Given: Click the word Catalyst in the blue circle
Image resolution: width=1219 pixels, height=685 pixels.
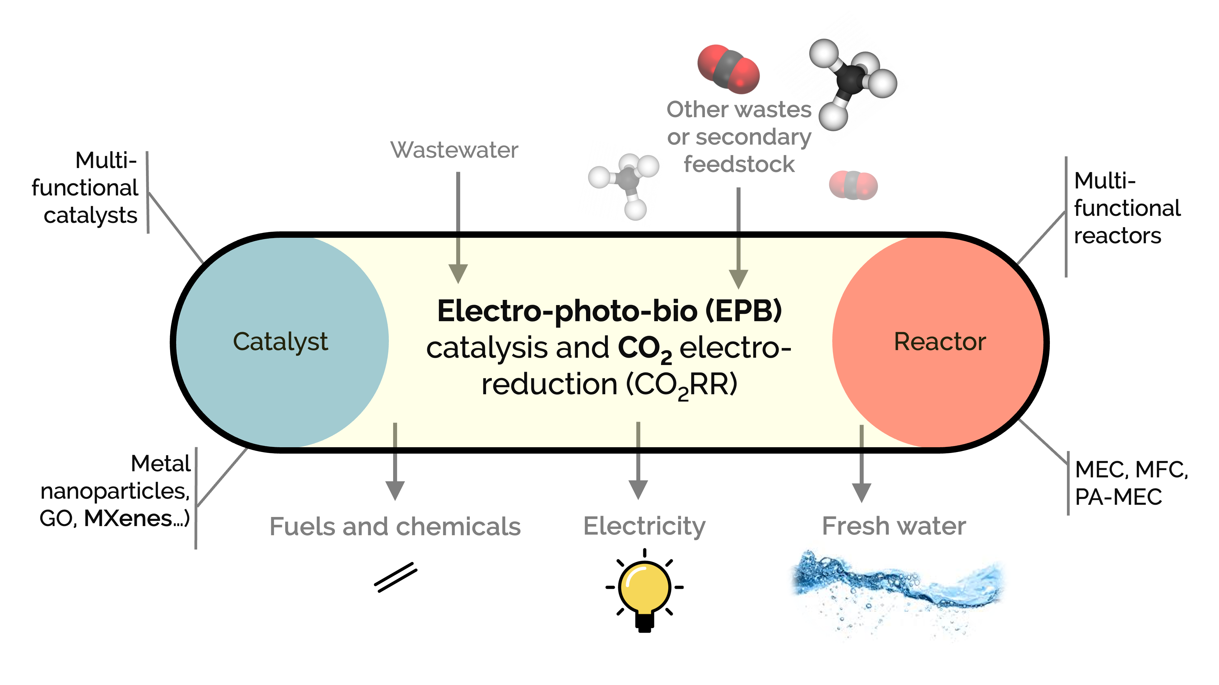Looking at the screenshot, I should (x=280, y=341).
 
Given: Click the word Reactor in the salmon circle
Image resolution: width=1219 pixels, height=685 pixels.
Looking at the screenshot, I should (x=939, y=341).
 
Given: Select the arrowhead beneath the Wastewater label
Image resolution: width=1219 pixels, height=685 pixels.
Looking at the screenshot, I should (x=458, y=273).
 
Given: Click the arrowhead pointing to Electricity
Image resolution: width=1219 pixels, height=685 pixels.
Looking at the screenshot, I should (x=638, y=489).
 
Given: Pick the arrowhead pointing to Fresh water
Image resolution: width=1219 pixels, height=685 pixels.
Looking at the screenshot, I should (x=861, y=492).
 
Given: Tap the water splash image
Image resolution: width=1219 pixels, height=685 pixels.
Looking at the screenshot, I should (x=897, y=588).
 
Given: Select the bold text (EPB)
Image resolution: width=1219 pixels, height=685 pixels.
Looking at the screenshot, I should (x=743, y=311).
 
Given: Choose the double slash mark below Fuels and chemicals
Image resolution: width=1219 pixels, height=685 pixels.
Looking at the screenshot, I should (x=396, y=577).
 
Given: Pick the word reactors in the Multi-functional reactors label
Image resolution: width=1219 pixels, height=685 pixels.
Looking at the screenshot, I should (x=1117, y=235).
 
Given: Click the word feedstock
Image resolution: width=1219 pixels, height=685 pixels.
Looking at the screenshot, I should (x=739, y=164).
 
